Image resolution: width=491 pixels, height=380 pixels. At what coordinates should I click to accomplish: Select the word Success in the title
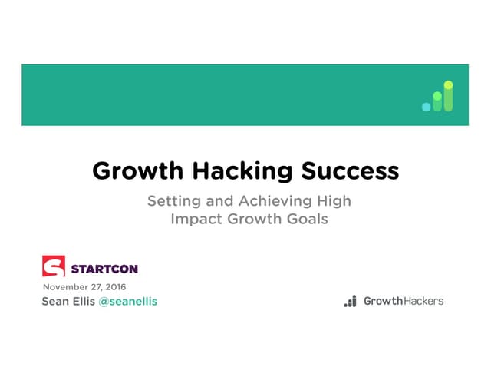point(347,170)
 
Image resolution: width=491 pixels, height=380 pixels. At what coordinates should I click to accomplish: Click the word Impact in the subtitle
point(195,219)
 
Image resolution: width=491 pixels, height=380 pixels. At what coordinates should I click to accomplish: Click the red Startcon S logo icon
point(54,266)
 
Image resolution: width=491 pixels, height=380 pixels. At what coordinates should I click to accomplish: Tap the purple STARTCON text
point(104,269)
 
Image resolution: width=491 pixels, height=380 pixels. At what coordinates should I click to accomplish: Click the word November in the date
point(64,287)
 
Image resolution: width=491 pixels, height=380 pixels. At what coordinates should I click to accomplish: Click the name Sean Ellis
point(68,302)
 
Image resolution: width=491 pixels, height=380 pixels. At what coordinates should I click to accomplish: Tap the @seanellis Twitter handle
point(128,302)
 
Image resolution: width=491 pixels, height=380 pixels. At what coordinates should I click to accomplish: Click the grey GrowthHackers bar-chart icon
point(350,301)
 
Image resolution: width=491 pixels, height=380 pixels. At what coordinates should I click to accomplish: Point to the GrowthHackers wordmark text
point(403,301)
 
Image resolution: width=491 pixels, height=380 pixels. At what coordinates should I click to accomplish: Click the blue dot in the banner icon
point(427,107)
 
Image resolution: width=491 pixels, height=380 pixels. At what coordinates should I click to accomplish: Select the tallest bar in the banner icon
point(448,96)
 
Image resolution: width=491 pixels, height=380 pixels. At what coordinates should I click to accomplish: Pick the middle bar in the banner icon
point(437,101)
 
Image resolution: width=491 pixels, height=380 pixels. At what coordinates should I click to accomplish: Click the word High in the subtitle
point(334,202)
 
